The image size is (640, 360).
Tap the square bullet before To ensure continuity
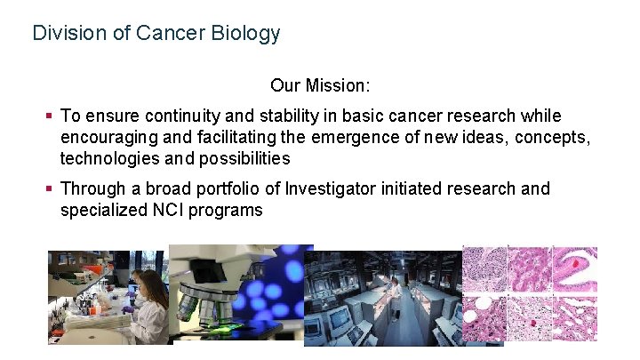coord(50,116)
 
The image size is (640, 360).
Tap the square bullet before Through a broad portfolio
coord(50,189)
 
